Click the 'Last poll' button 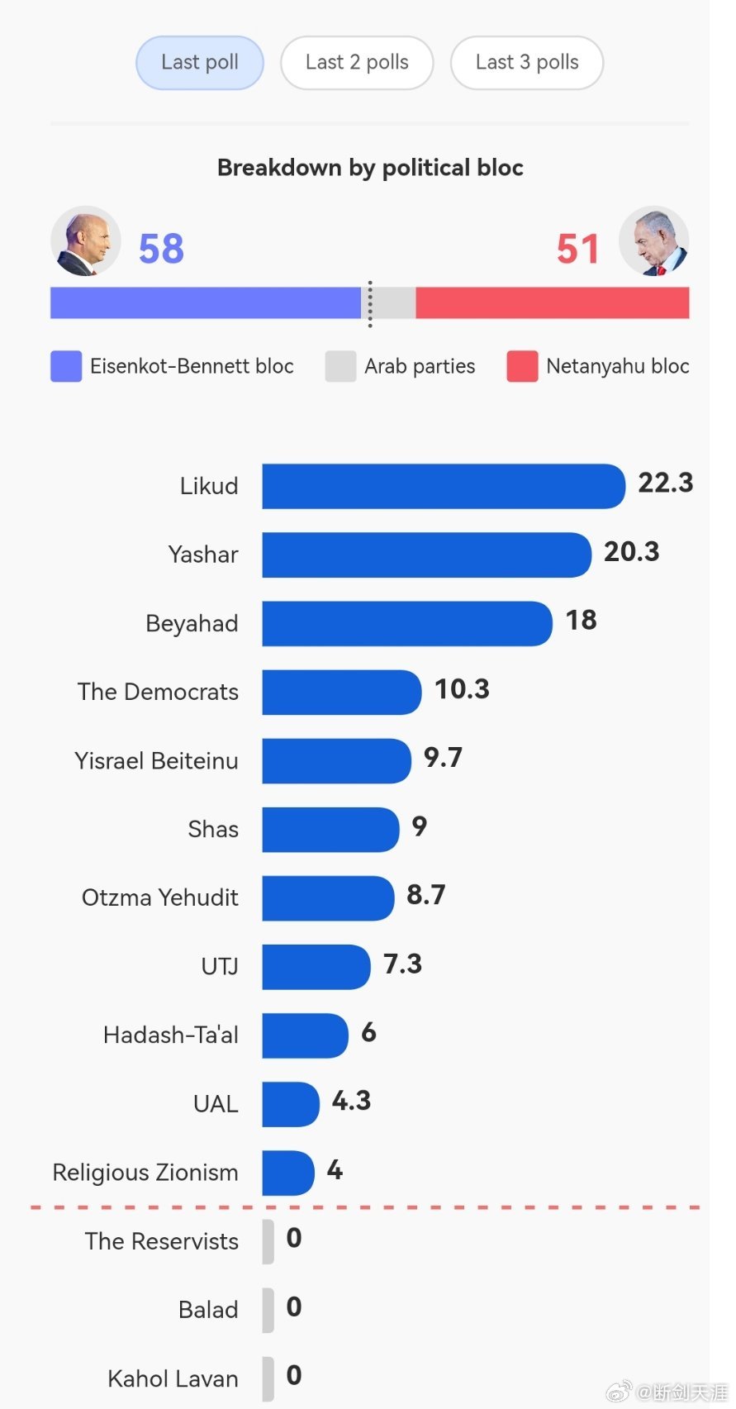(x=200, y=62)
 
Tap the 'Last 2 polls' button (x=357, y=62)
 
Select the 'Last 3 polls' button (x=527, y=62)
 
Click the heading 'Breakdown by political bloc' (x=370, y=168)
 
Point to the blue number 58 (x=162, y=249)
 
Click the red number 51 (x=577, y=249)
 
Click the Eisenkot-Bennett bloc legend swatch (x=66, y=366)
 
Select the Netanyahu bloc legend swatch (x=522, y=366)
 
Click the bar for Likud (x=444, y=486)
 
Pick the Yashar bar (x=427, y=555)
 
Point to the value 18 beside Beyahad (x=582, y=621)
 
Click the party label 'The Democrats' (x=158, y=692)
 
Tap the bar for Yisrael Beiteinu (x=337, y=760)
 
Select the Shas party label (x=213, y=829)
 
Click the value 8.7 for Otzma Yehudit (x=426, y=894)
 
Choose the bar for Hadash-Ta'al (x=306, y=1035)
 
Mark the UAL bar (x=291, y=1104)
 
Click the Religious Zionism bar (x=288, y=1173)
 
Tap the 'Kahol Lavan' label (x=173, y=1378)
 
